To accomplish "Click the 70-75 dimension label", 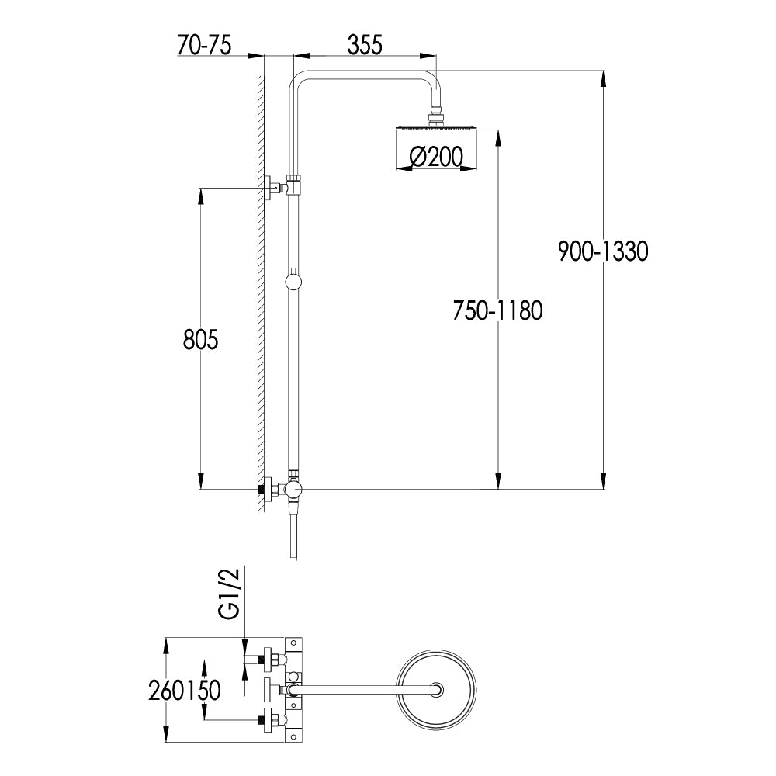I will click(204, 45).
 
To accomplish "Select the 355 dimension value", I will click(364, 45).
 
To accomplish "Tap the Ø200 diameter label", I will click(435, 158).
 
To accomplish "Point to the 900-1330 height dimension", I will click(602, 251).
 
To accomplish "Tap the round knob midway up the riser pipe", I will click(293, 280).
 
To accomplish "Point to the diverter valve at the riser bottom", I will click(293, 490).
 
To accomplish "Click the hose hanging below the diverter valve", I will click(293, 535).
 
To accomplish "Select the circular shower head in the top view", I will click(438, 688).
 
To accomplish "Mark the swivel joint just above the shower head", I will click(438, 116).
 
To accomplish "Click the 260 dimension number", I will click(165, 690).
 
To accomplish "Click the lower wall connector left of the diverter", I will click(268, 490).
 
